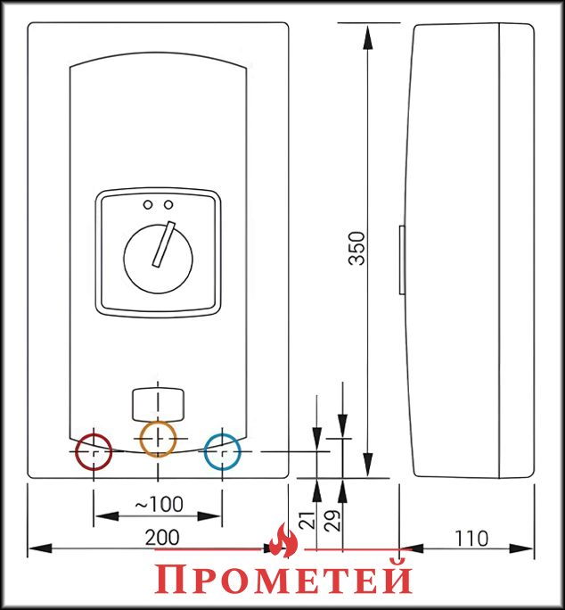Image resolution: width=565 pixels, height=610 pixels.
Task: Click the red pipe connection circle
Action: pos(94,451)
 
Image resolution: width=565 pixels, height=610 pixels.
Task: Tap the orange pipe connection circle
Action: pos(158,439)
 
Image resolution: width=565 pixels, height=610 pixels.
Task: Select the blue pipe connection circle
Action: pos(223,451)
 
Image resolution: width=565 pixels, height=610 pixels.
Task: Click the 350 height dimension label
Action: pos(357,248)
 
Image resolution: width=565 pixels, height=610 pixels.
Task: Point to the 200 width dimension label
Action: pos(162,538)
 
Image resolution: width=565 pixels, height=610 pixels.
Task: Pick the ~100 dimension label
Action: pos(159,504)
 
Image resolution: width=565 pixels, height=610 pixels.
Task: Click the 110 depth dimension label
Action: pos(471,539)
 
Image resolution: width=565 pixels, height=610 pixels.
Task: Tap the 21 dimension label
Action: pos(308,520)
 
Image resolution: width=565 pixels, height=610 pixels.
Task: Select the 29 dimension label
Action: pos(333,520)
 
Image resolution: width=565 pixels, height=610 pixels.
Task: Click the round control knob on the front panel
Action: pos(158,259)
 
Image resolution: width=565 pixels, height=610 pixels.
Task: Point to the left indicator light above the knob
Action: pos(148,204)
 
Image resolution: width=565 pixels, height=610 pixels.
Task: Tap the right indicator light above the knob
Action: pos(168,204)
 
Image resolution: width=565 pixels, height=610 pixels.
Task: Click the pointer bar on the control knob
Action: pos(164,244)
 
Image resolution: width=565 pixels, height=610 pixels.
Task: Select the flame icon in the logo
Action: pos(283,540)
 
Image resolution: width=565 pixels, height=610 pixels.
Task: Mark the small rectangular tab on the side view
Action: pos(402,260)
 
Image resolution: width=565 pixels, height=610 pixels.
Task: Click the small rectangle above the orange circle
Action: pos(159,405)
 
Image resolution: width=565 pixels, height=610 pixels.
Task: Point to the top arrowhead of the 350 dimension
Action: pos(367,37)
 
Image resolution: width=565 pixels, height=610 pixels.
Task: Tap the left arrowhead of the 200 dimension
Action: pos(40,548)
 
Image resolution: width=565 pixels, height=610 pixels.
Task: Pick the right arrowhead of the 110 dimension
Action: pos(521,548)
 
